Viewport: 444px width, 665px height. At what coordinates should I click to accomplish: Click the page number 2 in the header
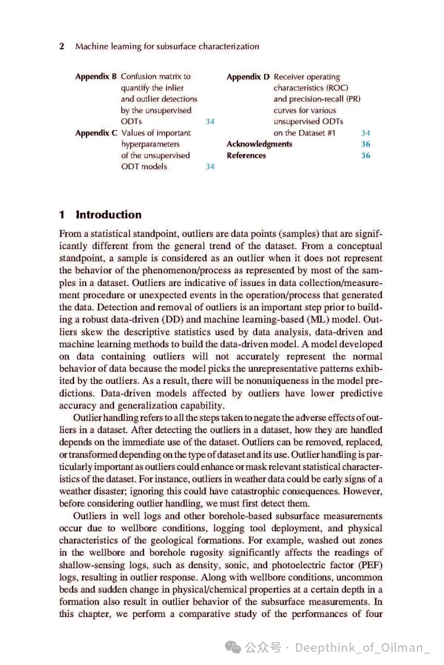coord(62,46)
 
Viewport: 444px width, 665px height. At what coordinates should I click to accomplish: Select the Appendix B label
coord(96,76)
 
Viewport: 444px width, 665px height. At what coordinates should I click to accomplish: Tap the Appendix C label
coord(96,133)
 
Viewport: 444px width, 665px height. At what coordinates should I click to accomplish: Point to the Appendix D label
coord(248,77)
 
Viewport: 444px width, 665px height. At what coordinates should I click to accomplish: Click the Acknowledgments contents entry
coord(259,144)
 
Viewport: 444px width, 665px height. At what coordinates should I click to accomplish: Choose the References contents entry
coord(246,156)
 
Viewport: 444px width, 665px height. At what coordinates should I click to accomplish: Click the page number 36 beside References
coord(365,156)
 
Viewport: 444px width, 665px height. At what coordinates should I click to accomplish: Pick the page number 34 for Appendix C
coord(210,167)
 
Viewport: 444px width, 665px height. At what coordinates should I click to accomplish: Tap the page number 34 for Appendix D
coord(365,133)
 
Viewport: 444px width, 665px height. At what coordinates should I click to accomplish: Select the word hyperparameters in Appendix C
coord(150,144)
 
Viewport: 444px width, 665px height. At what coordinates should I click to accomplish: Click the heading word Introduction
coord(109,215)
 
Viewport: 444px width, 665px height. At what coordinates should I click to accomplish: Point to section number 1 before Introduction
coord(62,215)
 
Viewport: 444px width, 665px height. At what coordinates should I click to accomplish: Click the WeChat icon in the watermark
coord(233,647)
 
